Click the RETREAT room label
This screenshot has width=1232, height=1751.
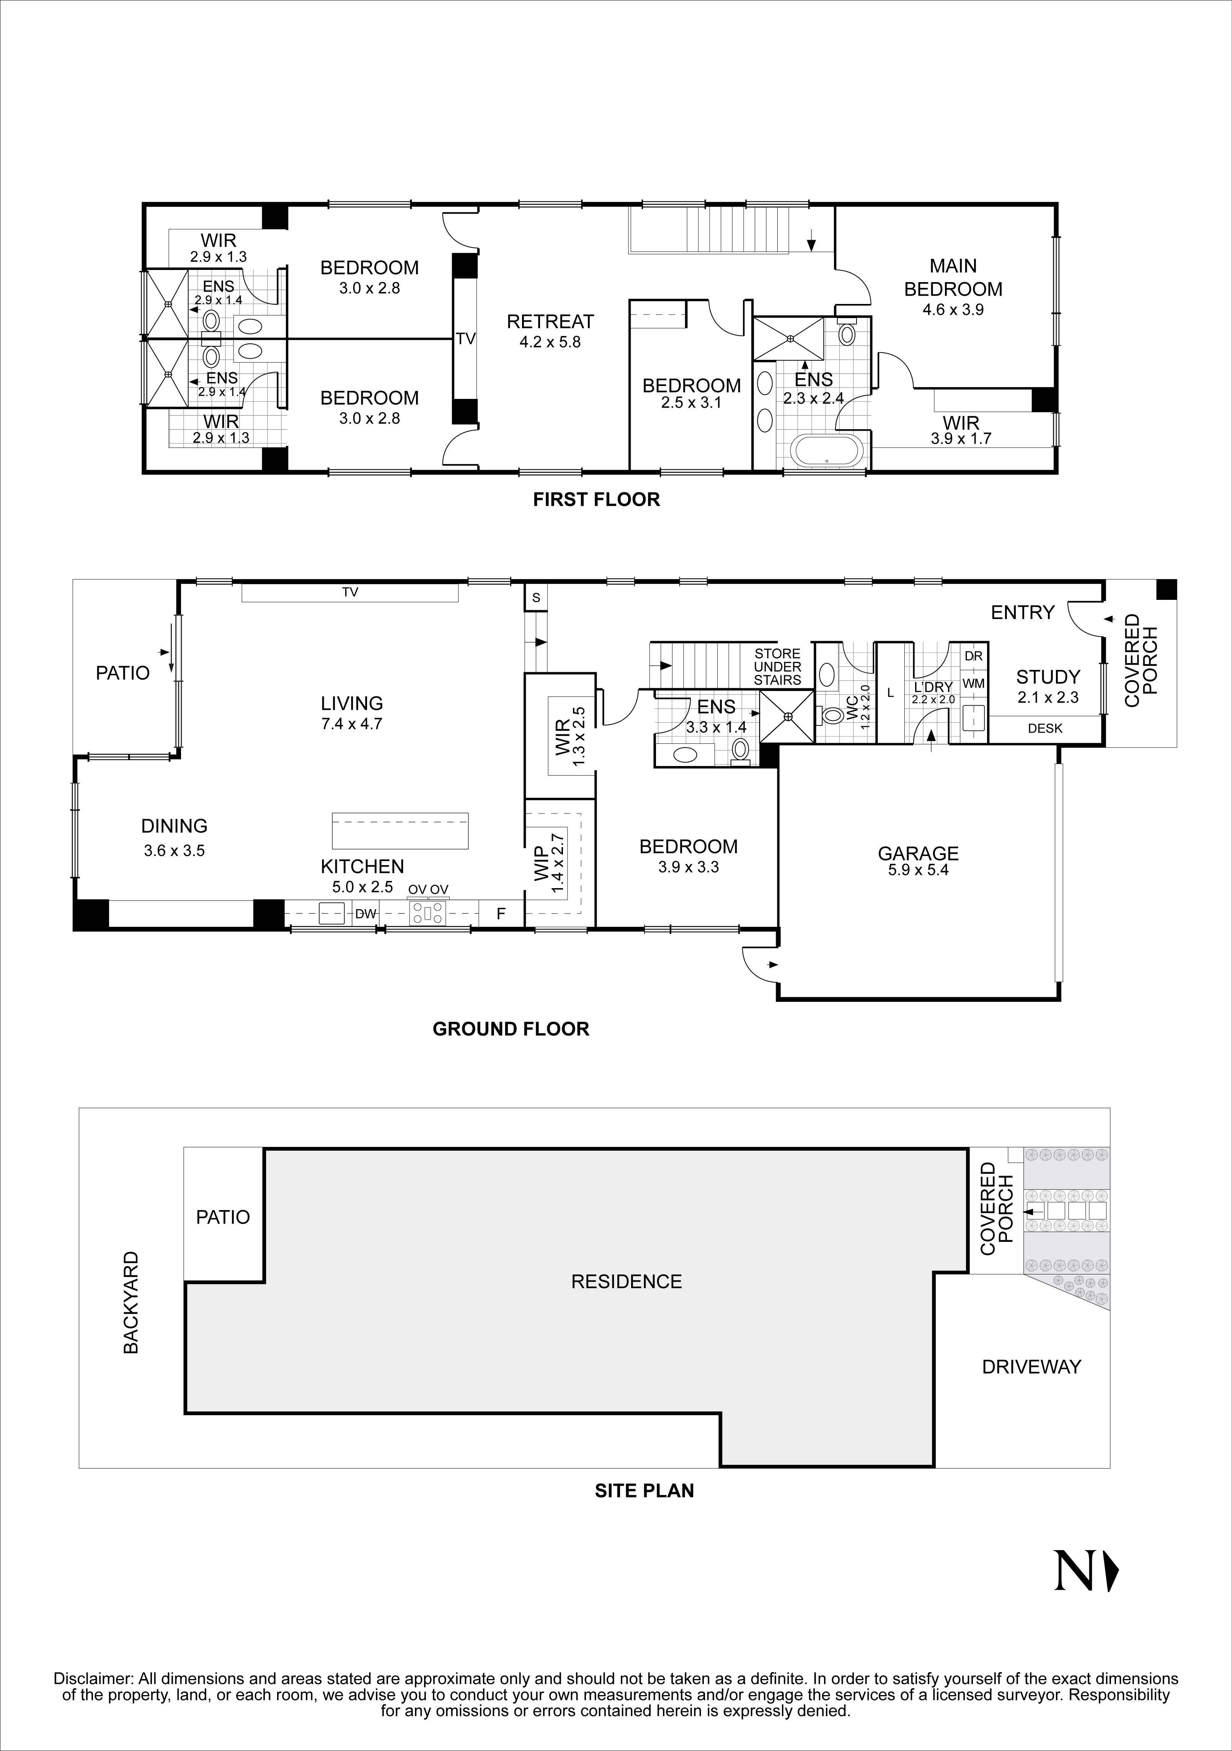tap(550, 322)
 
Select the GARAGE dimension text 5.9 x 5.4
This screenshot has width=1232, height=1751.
tap(918, 870)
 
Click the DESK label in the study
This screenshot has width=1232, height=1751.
tap(1044, 728)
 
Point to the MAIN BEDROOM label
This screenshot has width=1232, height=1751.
tap(953, 278)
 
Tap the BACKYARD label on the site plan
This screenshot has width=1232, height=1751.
tap(131, 1303)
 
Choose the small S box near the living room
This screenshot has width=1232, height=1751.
tap(536, 598)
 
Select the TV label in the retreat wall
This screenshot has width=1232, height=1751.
tap(465, 339)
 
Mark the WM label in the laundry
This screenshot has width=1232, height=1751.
tap(974, 684)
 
